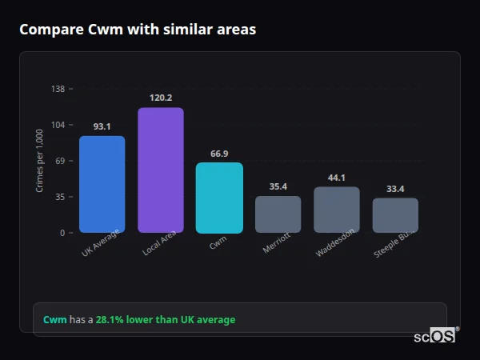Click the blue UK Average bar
click(x=102, y=184)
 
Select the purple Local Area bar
click(x=161, y=170)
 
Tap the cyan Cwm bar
click(x=219, y=198)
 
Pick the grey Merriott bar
click(x=278, y=214)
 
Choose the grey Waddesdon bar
click(x=336, y=210)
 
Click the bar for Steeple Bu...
click(x=395, y=215)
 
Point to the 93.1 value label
click(x=102, y=126)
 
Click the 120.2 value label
click(x=161, y=98)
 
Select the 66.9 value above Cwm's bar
click(x=219, y=154)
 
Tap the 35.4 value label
click(x=278, y=186)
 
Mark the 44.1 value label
click(x=336, y=178)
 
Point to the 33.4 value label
click(x=395, y=189)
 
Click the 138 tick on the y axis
click(x=58, y=89)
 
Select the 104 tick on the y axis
click(x=58, y=125)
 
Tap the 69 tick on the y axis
click(x=60, y=161)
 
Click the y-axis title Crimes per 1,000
click(x=39, y=161)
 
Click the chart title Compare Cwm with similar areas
click(x=138, y=30)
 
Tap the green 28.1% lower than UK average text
click(x=166, y=320)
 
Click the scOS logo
click(x=435, y=336)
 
